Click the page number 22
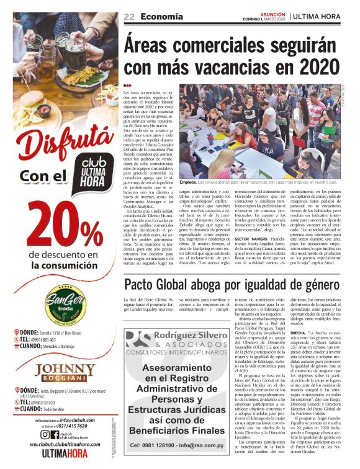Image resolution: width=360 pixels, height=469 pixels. click(129, 16)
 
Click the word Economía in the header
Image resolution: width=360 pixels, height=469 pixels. click(161, 16)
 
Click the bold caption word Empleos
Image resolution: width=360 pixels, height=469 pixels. click(188, 183)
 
